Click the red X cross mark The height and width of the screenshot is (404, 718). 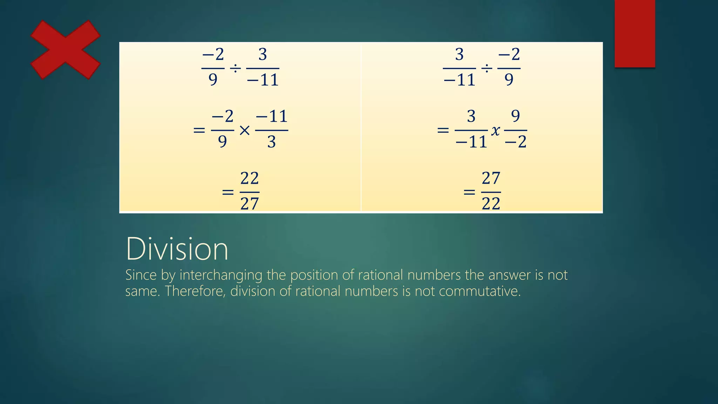[66, 50]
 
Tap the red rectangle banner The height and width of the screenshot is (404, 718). [635, 33]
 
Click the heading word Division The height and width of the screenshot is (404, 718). [177, 249]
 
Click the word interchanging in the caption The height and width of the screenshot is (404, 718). [221, 275]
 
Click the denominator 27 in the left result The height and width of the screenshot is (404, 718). [250, 204]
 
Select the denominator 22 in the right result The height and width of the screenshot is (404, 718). [491, 204]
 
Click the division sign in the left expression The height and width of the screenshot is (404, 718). [235, 68]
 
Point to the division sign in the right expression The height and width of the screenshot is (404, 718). [487, 68]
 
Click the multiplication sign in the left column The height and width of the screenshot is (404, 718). [244, 131]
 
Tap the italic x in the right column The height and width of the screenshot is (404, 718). [495, 131]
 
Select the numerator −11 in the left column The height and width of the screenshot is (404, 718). [272, 116]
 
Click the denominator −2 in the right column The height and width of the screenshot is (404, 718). [516, 142]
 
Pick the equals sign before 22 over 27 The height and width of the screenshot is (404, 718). [228, 192]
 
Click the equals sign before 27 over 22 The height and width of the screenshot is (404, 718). [469, 192]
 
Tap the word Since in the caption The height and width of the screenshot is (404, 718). [141, 275]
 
